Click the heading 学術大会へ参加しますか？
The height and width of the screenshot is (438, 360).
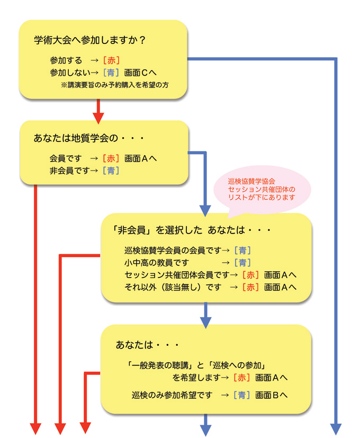(x=89, y=40)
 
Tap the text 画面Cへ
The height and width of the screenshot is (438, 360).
(x=140, y=73)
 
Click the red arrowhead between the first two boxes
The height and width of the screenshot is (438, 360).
(x=97, y=115)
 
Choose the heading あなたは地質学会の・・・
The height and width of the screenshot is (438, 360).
(x=89, y=139)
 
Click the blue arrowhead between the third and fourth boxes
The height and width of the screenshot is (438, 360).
(x=205, y=321)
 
